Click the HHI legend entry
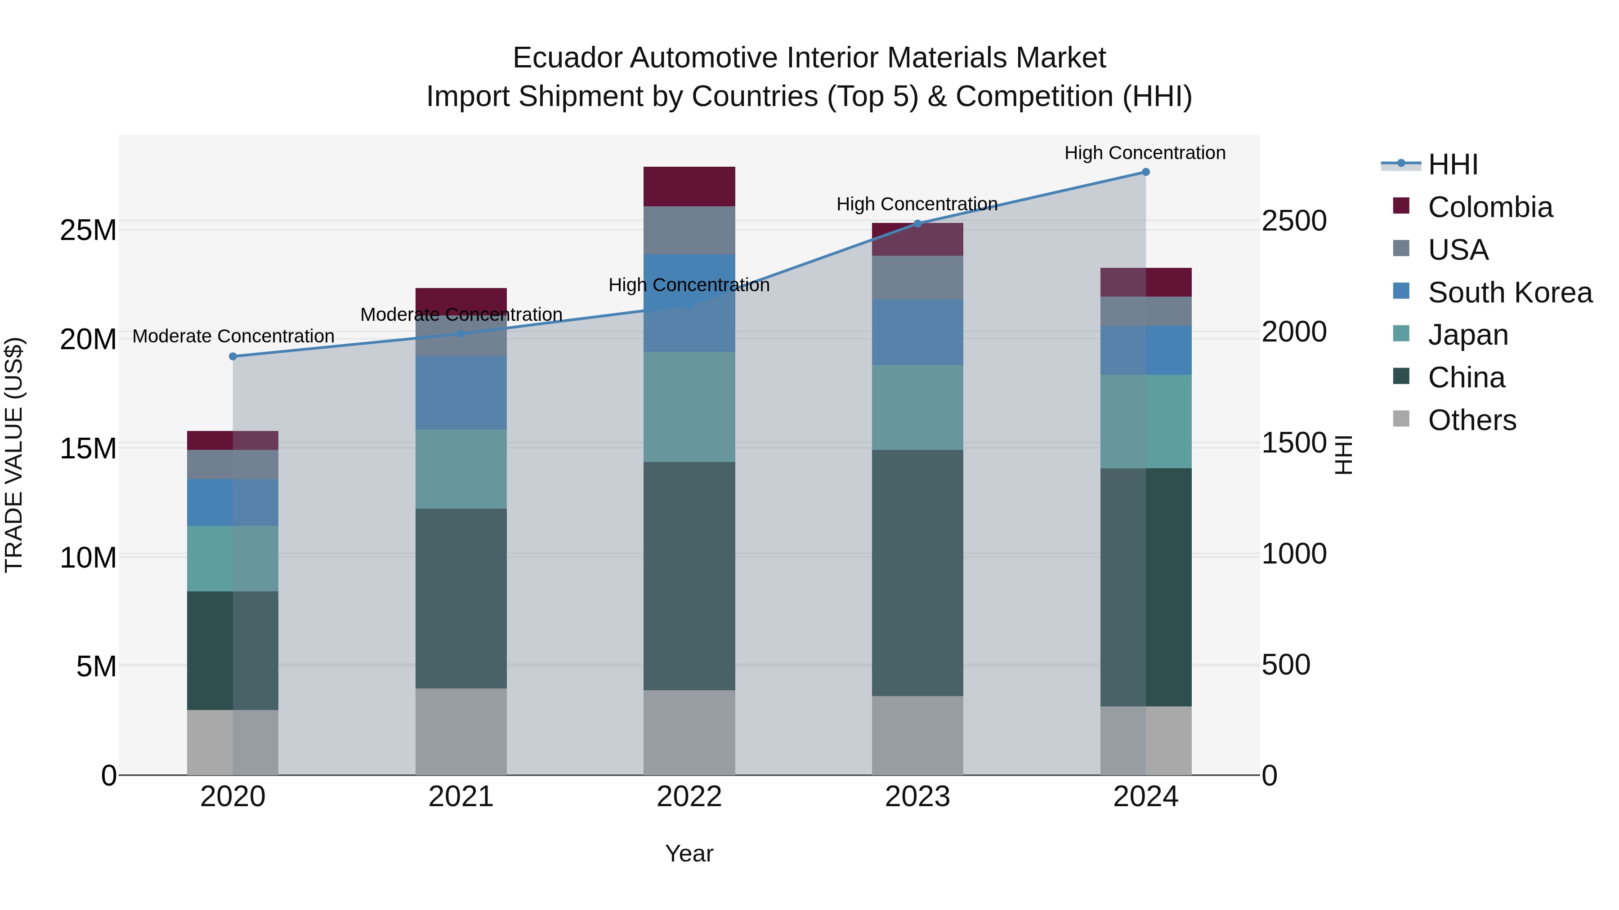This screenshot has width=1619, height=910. [x=1452, y=164]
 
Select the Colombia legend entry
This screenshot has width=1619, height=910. [x=1489, y=207]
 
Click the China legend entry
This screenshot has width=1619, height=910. [x=1466, y=377]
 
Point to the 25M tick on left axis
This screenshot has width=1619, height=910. [x=88, y=231]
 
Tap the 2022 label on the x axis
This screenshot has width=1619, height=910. [x=689, y=797]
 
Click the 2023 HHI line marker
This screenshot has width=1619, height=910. [x=917, y=224]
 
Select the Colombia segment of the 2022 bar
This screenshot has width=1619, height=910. [x=689, y=186]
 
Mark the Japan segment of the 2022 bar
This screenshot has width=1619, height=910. [x=689, y=407]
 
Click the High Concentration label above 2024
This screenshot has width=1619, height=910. [x=1145, y=153]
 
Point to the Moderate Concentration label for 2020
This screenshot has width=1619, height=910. [x=233, y=336]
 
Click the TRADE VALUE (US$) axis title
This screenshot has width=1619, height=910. [x=14, y=455]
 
